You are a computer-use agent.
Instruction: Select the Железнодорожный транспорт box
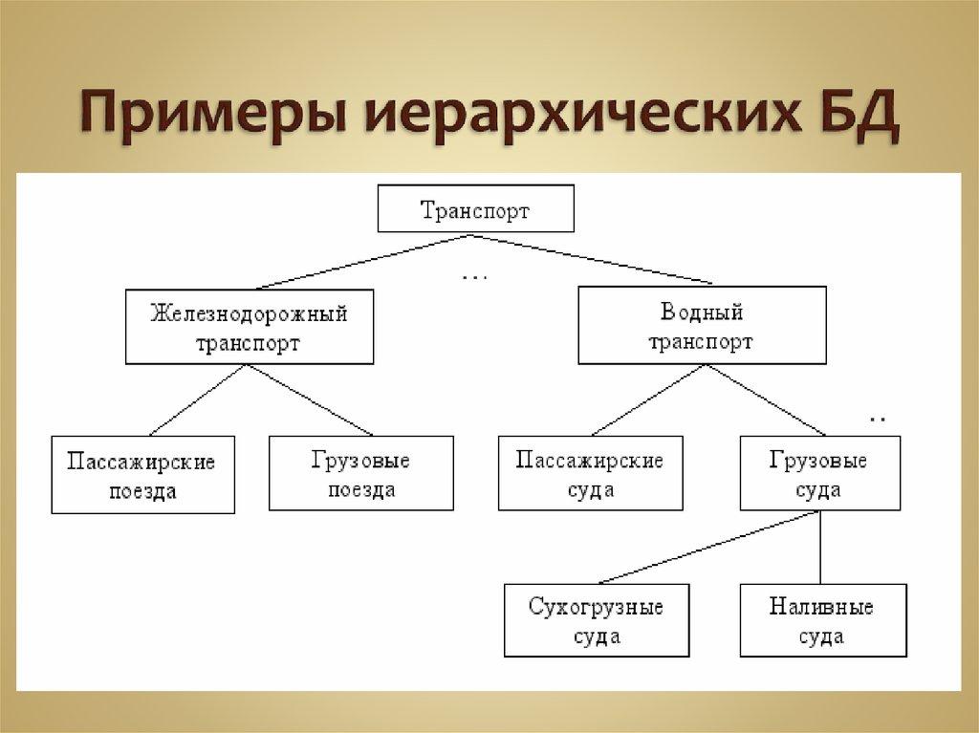point(249,328)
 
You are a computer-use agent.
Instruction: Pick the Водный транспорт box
point(701,328)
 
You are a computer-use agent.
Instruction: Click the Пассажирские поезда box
point(142,475)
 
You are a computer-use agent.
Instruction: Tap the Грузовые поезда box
point(360,475)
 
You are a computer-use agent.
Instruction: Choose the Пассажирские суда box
point(590,475)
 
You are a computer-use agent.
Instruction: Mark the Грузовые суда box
point(818,475)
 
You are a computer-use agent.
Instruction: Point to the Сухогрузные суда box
point(597,621)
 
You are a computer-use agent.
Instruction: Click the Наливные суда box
point(821,621)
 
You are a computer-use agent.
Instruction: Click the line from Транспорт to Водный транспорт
point(602,260)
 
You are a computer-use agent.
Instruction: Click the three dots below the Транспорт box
point(475,277)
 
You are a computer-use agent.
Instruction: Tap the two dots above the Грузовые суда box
point(878,420)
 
